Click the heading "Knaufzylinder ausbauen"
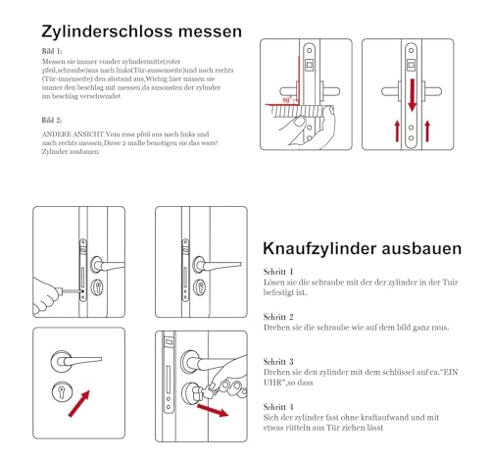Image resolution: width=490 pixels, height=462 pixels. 362,249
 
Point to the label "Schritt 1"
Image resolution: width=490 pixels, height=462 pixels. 278,270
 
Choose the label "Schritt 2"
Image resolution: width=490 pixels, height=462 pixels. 278,317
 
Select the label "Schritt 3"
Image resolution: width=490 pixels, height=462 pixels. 278,362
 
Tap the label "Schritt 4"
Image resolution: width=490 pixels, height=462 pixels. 278,405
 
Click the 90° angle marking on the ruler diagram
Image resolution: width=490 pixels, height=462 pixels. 286,101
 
